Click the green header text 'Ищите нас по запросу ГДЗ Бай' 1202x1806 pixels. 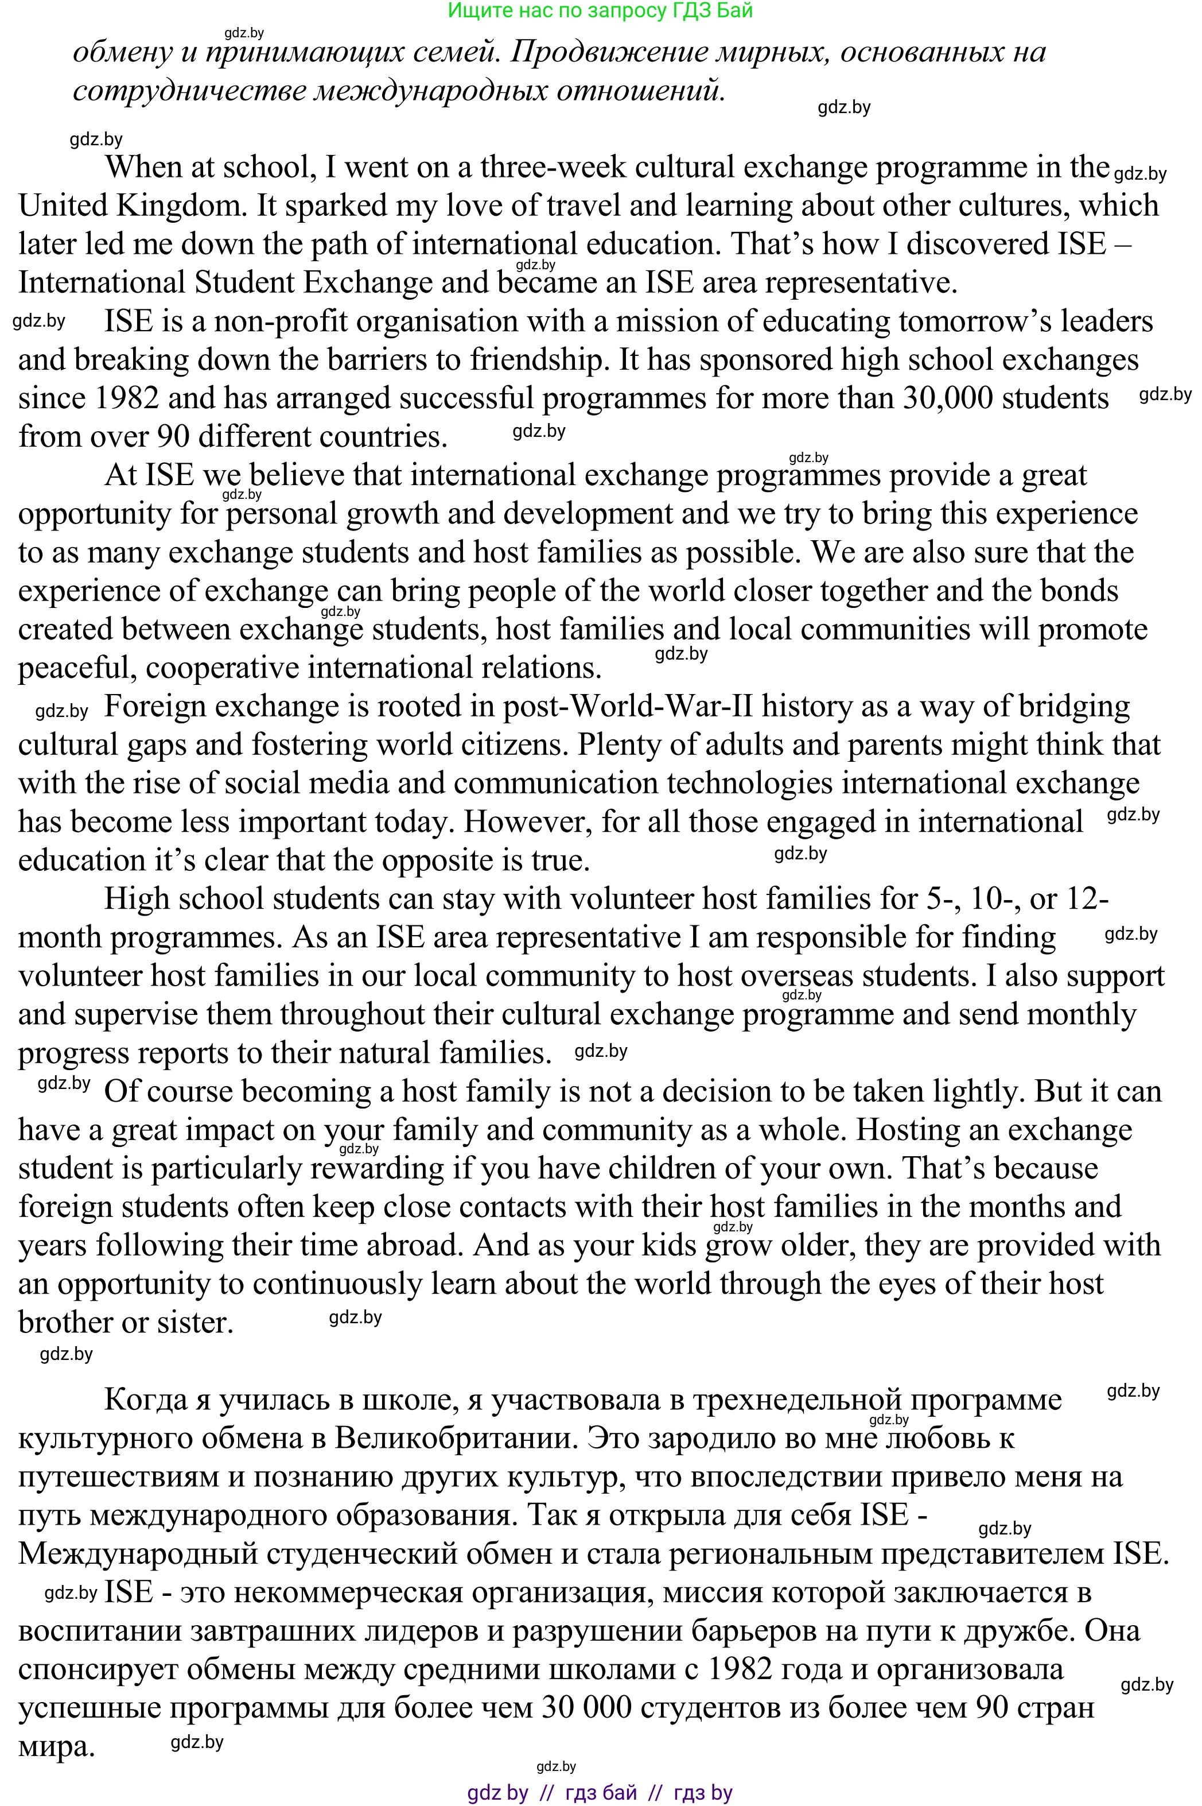point(600,11)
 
